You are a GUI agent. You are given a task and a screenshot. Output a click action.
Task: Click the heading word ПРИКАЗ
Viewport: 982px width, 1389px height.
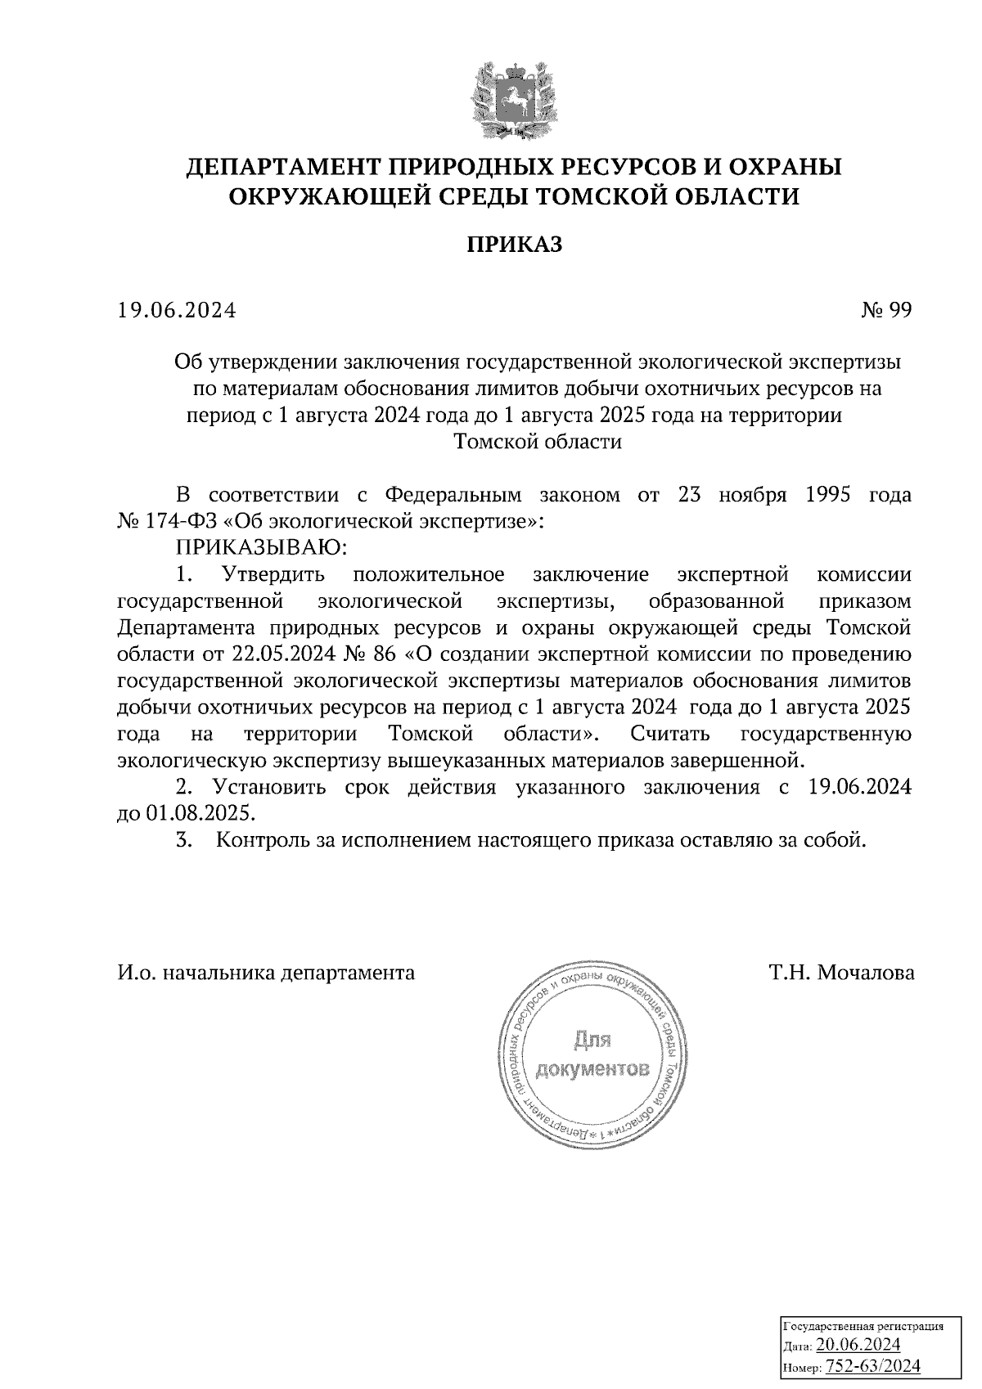pyautogui.click(x=515, y=245)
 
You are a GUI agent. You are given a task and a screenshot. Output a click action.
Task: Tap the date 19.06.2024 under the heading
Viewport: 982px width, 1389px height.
pyautogui.click(x=177, y=311)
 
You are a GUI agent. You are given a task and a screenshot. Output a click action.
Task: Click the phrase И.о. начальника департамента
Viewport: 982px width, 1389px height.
pyautogui.click(x=266, y=973)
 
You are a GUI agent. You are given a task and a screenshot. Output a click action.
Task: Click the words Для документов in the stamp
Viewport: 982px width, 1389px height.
pyautogui.click(x=593, y=1055)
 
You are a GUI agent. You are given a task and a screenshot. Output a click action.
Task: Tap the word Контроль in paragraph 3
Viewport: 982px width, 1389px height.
pyautogui.click(x=261, y=840)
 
